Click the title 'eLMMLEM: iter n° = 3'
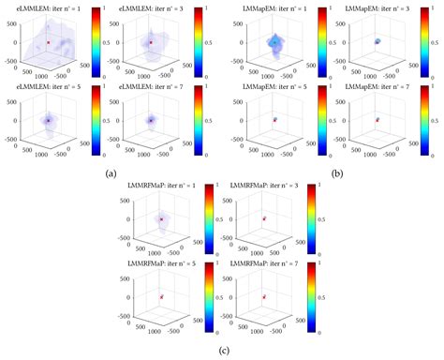[151, 7]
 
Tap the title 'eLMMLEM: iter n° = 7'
[151, 89]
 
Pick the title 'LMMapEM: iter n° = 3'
[375, 7]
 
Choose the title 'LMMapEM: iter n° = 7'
[375, 89]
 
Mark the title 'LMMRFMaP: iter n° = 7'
[263, 266]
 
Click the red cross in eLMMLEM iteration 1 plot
[47, 42]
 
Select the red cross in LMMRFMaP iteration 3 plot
[264, 219]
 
